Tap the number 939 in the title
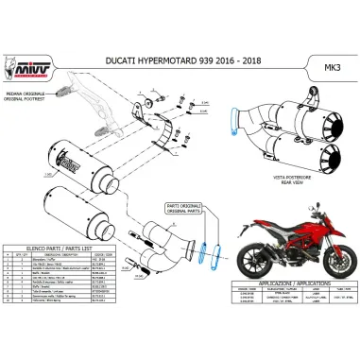[x=212, y=60]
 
